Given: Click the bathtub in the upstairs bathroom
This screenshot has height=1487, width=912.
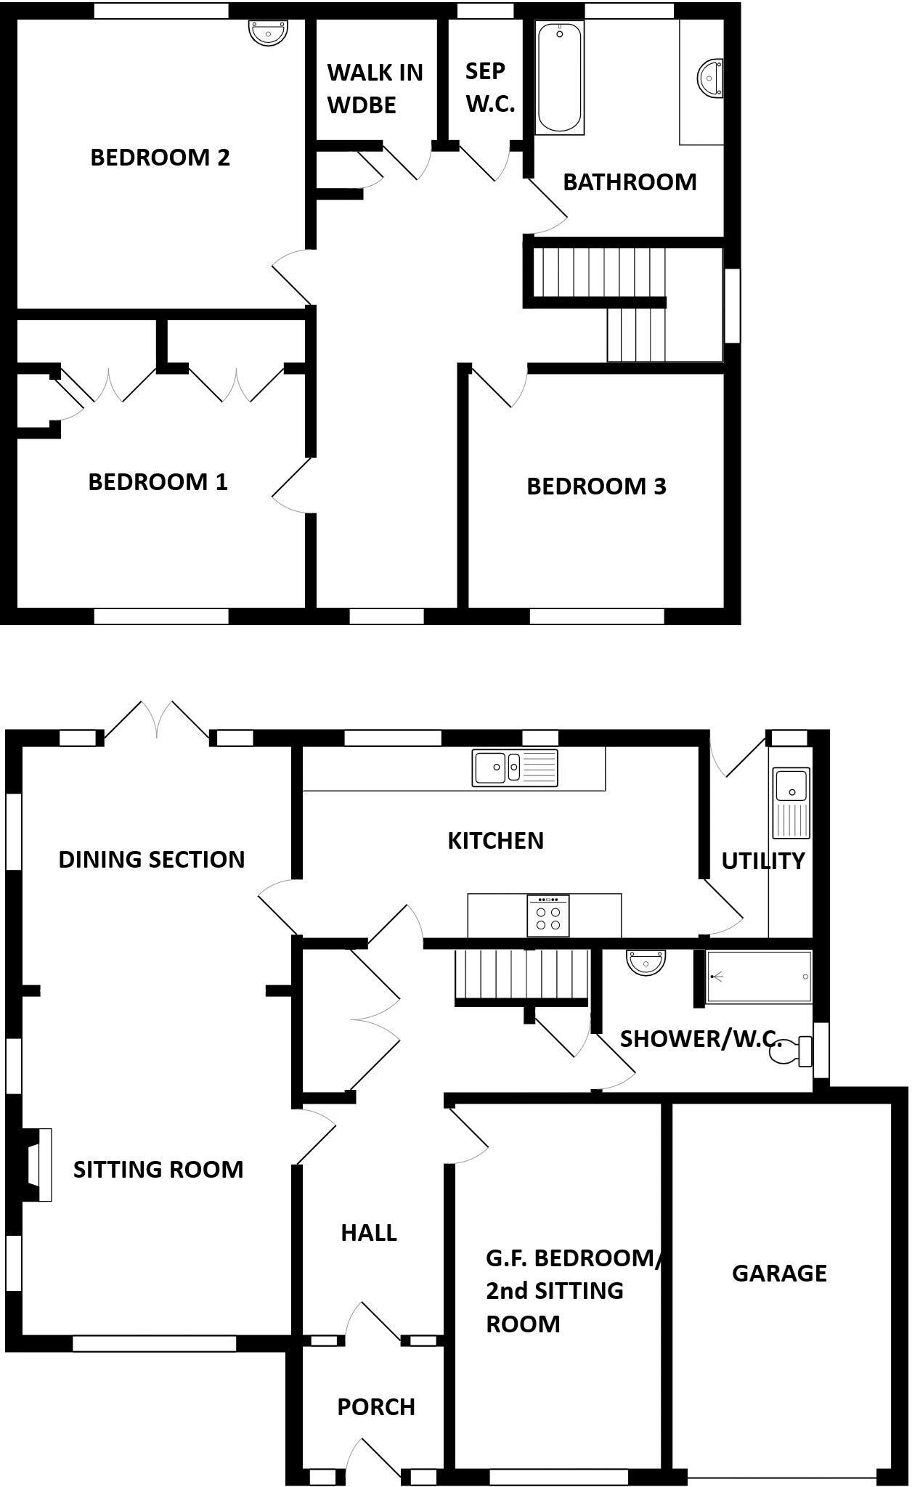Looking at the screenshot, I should (559, 78).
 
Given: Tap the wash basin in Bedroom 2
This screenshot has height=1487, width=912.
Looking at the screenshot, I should (269, 32).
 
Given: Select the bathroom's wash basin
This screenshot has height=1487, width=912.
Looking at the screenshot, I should (710, 77).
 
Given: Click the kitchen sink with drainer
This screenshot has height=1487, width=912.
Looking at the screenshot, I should (515, 767).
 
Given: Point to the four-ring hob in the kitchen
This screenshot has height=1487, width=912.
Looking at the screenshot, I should (548, 916).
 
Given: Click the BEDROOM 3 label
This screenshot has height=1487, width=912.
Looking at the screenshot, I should (596, 486).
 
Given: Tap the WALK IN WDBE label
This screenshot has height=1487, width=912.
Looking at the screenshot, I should (375, 88).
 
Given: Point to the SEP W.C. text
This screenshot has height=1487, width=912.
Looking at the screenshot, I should (489, 87).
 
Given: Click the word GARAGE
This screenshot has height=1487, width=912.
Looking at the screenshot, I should (779, 1272).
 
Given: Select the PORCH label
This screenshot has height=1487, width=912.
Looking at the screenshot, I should (376, 1406).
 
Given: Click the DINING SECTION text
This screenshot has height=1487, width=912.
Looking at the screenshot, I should (151, 859).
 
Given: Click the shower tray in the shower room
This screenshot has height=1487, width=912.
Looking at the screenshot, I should (759, 977).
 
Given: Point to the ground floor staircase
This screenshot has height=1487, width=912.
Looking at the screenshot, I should (520, 975).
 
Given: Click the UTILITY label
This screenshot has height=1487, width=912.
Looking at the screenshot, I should (762, 860).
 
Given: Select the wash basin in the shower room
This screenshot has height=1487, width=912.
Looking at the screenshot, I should (646, 961).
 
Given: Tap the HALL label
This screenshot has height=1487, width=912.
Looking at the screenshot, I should (369, 1232).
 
